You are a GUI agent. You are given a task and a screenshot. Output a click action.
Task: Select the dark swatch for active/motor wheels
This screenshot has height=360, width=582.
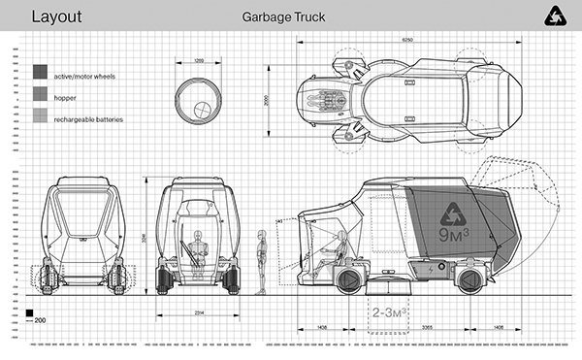[x=40, y=73]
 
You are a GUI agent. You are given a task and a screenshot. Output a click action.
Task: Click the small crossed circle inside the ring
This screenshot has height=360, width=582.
[x=204, y=108]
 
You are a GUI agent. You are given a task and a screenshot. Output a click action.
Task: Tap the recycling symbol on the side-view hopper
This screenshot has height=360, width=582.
[x=453, y=214]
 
